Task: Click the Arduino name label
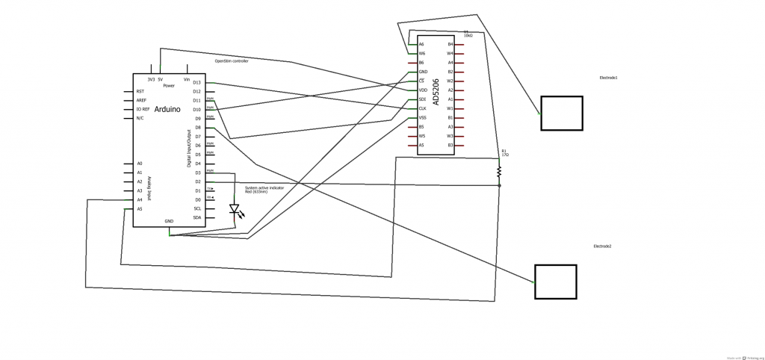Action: click(167, 110)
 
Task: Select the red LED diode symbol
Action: click(234, 210)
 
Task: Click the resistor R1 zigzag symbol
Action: click(499, 172)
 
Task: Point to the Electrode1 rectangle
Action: click(561, 113)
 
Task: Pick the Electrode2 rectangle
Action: click(555, 282)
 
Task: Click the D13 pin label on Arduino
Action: click(196, 82)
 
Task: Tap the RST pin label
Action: click(140, 91)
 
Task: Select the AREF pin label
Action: click(141, 100)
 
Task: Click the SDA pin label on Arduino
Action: click(196, 217)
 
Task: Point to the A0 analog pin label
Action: click(140, 164)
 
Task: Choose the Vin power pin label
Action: click(186, 79)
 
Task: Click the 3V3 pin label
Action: click(151, 79)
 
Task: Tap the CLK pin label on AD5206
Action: click(423, 108)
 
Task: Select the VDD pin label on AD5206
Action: click(423, 90)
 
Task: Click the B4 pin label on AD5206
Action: click(450, 45)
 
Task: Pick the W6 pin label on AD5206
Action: click(422, 54)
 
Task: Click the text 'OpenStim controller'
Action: click(232, 61)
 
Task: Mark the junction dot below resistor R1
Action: click(499, 185)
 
